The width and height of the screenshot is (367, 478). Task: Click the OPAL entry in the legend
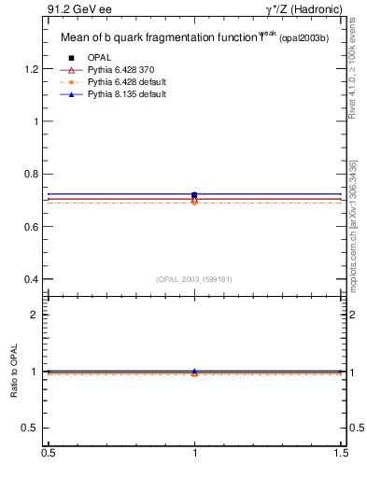pos(100,58)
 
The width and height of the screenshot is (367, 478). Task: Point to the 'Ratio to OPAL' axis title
pos(15,372)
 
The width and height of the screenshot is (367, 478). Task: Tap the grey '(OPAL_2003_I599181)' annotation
pos(194,278)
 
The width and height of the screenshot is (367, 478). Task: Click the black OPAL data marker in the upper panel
pos(194,195)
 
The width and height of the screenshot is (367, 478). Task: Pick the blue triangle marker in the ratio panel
pos(194,371)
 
